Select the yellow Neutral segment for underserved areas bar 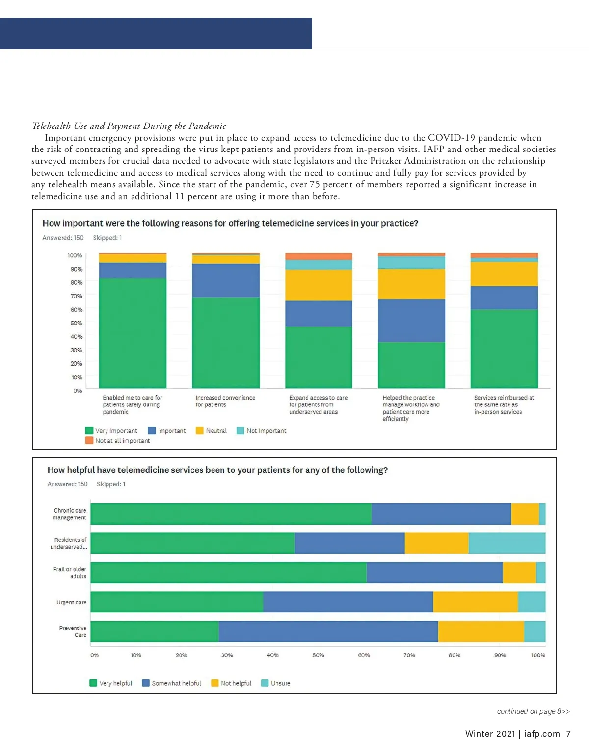tap(319, 285)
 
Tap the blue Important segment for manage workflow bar tap(411, 320)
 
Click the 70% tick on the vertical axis tap(76, 296)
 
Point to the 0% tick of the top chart tap(78, 391)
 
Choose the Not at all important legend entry tap(118, 441)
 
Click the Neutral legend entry tap(212, 431)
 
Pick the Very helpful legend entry tap(111, 683)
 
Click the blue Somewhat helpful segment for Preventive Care tap(328, 631)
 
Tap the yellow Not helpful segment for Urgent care tap(475, 602)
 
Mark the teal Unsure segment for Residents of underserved tap(507, 543)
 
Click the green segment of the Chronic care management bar tap(231, 514)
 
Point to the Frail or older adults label tap(70, 573)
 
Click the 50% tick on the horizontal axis tap(318, 655)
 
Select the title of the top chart tap(230, 224)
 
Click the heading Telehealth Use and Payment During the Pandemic tap(129, 126)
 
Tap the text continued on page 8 tap(533, 711)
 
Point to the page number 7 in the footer tap(568, 734)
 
